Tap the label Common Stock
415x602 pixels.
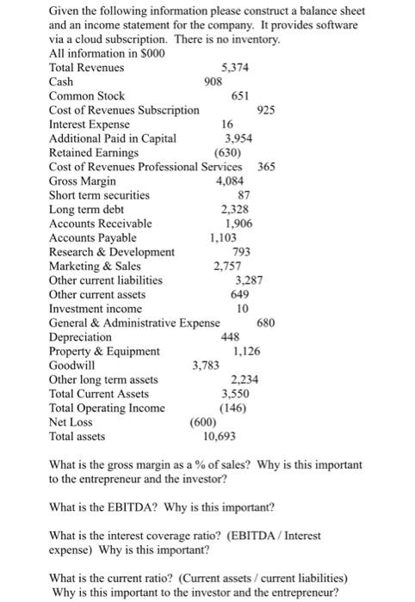87,95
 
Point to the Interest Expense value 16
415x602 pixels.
226,124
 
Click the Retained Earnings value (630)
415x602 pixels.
229,152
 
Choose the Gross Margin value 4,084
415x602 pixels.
232,181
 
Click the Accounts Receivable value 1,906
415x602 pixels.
238,223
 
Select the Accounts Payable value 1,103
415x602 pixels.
225,237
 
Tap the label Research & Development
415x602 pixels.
112,251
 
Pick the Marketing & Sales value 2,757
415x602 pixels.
228,266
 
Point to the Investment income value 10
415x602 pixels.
243,308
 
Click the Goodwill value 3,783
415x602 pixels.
206,365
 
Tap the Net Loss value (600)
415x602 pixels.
203,421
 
